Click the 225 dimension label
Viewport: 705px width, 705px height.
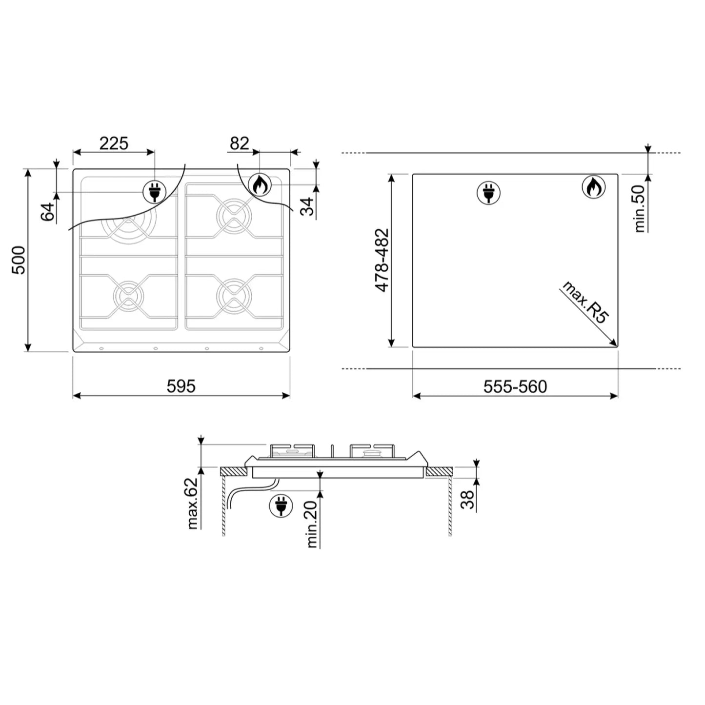tap(114, 143)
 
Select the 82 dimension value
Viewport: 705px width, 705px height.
tap(239, 143)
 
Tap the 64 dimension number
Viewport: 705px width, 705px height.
tap(47, 211)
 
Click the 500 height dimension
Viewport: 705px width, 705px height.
tap(19, 260)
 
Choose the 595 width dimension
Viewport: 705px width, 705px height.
tap(181, 386)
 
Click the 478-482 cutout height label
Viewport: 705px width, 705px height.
tap(382, 260)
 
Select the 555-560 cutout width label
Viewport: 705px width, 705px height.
tap(515, 387)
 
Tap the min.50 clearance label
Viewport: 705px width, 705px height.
tap(639, 208)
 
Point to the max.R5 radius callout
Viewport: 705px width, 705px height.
tap(584, 302)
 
